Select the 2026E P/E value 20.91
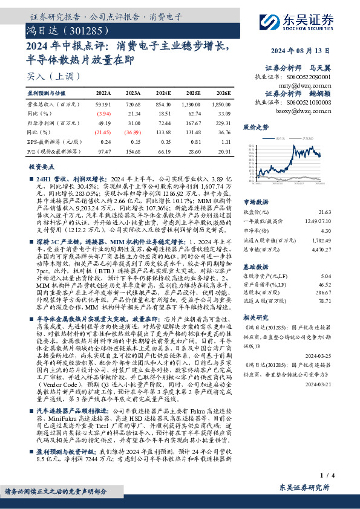[223, 150]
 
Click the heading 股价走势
[255, 128]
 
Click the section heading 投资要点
[41, 166]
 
